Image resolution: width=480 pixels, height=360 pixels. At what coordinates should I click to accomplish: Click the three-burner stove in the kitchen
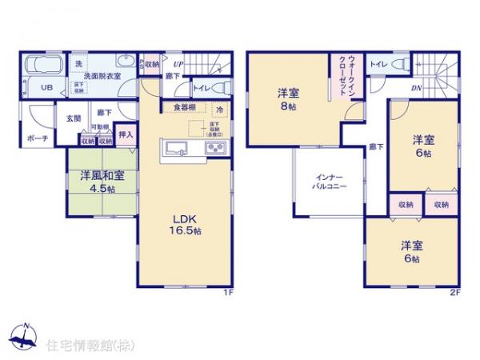tap(217, 148)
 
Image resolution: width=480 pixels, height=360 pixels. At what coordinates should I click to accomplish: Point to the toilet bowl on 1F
tap(223, 87)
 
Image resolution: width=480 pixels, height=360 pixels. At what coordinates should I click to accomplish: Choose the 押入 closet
tap(126, 136)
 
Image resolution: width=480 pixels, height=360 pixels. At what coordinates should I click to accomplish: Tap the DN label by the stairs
tap(417, 88)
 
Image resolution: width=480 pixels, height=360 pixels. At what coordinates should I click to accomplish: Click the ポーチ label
tap(38, 138)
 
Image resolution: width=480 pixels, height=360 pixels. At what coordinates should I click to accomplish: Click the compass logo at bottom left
tap(24, 338)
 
